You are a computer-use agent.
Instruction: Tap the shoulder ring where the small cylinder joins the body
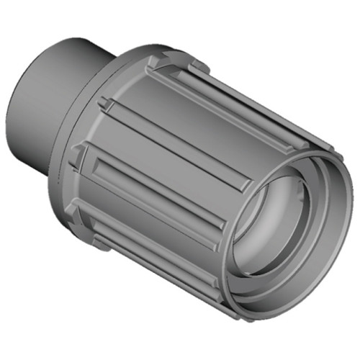[108, 79]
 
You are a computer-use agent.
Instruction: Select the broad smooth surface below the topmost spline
[216, 122]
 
